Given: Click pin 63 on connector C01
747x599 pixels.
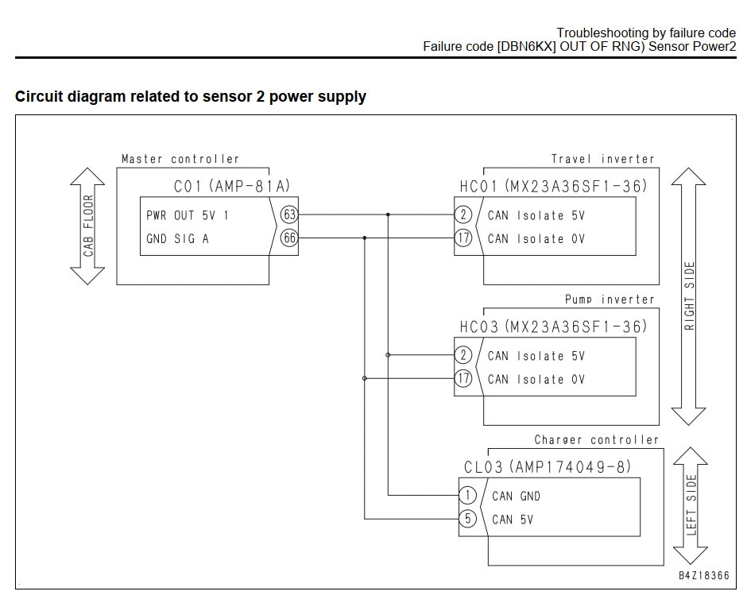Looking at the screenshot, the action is [x=289, y=214].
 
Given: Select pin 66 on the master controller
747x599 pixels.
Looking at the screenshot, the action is [x=289, y=238].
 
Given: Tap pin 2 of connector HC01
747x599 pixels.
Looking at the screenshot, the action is [x=463, y=214].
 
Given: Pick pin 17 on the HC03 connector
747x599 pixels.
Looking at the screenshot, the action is [x=463, y=378].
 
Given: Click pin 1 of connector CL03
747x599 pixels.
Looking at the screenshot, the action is [x=468, y=496].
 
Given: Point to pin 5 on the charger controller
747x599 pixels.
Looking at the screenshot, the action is [x=468, y=519].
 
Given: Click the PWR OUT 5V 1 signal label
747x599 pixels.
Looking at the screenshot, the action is [x=188, y=216].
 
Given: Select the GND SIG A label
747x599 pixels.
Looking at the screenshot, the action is [x=178, y=238].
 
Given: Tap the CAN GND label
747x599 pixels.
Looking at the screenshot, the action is [x=516, y=497].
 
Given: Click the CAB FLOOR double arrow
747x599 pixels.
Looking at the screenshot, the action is [x=87, y=226].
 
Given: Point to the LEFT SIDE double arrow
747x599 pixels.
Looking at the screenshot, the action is [x=691, y=506].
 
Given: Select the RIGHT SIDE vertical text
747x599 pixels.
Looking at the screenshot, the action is [x=689, y=296].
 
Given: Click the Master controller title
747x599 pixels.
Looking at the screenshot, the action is [x=180, y=159].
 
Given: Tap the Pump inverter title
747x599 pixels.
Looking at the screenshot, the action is [x=610, y=299].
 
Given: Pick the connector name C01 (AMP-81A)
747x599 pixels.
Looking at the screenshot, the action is [x=232, y=186].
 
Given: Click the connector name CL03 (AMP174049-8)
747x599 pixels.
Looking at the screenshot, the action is [x=548, y=466].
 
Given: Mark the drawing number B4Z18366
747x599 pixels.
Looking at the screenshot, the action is [x=704, y=576].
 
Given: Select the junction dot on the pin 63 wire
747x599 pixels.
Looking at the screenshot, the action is [x=388, y=214].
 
